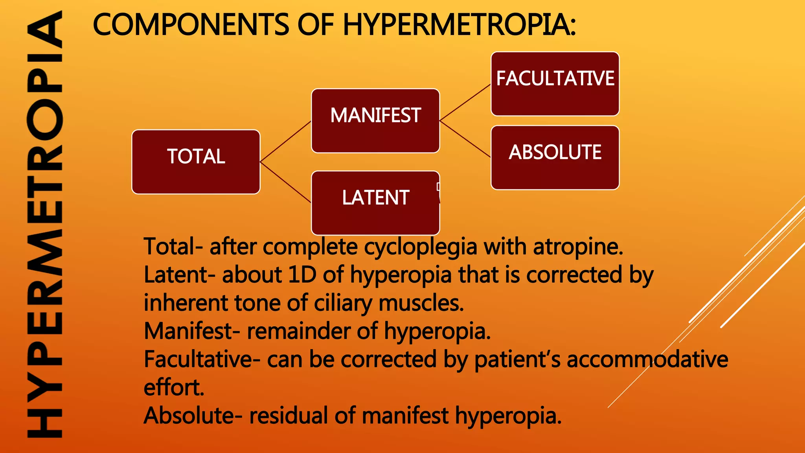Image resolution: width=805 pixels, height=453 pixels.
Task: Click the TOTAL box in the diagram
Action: [x=196, y=162]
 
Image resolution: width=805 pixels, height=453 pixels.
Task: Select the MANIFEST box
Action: [x=375, y=121]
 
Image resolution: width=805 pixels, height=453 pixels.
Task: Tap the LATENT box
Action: [x=375, y=203]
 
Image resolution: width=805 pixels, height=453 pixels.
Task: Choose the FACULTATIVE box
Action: [x=555, y=84]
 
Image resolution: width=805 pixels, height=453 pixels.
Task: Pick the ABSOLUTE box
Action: [x=555, y=157]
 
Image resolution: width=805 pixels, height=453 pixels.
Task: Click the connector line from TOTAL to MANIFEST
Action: [x=285, y=142]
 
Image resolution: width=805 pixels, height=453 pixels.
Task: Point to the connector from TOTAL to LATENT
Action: [x=285, y=182]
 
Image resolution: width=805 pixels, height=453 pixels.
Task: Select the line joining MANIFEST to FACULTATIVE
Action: [x=465, y=102]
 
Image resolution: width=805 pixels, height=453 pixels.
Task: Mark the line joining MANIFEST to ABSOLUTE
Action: [x=465, y=139]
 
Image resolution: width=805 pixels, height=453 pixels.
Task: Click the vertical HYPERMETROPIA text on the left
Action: [x=44, y=224]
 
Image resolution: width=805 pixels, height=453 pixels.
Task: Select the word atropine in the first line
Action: [x=578, y=247]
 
